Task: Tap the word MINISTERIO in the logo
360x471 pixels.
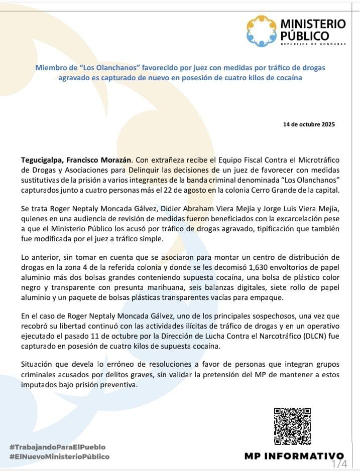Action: tap(313, 24)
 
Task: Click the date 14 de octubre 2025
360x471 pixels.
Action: tap(309, 124)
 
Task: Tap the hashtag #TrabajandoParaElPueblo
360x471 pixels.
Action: tap(58, 447)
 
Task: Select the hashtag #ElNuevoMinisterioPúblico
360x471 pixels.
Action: tap(59, 457)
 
